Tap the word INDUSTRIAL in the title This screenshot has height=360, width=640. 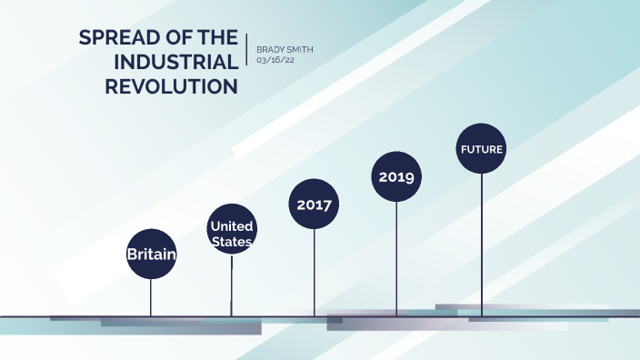(175, 63)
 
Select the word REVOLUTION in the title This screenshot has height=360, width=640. (172, 87)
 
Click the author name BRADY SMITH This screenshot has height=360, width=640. (285, 49)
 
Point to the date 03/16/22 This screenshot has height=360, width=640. (275, 60)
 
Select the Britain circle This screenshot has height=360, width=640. (151, 254)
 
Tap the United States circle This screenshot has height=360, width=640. (231, 228)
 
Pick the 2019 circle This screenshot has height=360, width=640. (396, 176)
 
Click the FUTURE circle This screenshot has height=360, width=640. (481, 148)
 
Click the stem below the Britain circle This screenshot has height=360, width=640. (151, 296)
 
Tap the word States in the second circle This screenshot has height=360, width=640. (231, 242)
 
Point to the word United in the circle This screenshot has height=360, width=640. (231, 225)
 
